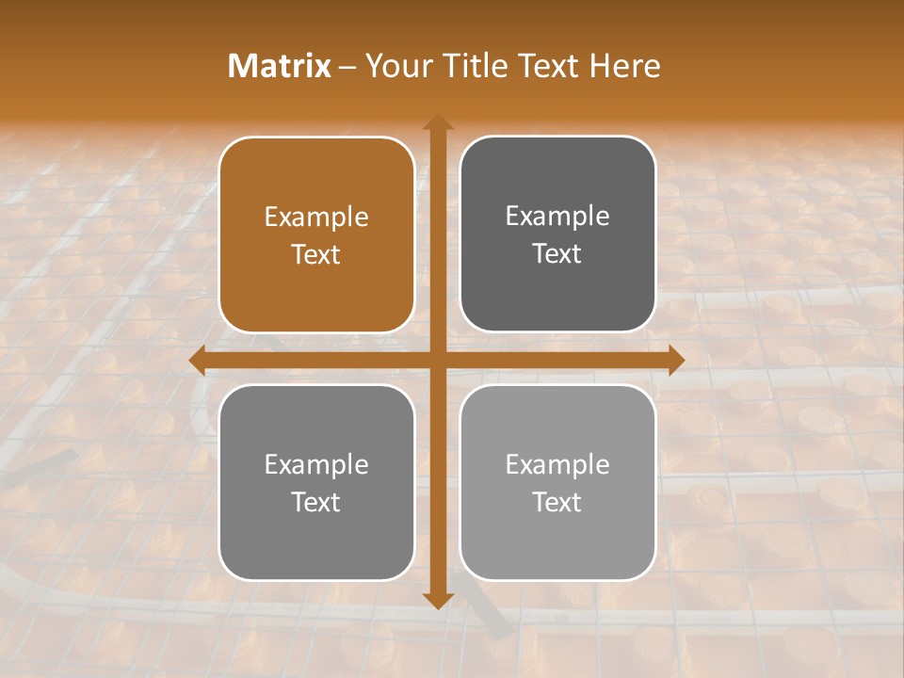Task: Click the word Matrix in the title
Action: coord(280,66)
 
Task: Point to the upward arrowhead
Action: coord(438,122)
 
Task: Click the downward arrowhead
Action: coord(438,600)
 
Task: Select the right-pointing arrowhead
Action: coord(675,361)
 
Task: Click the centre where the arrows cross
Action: coord(438,361)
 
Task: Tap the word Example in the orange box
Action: coord(316,218)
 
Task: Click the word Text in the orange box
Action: coord(316,254)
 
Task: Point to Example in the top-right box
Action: coord(557,217)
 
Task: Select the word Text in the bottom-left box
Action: coord(316,502)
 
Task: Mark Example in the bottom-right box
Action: coord(557,464)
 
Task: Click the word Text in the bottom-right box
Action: coord(557,502)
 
